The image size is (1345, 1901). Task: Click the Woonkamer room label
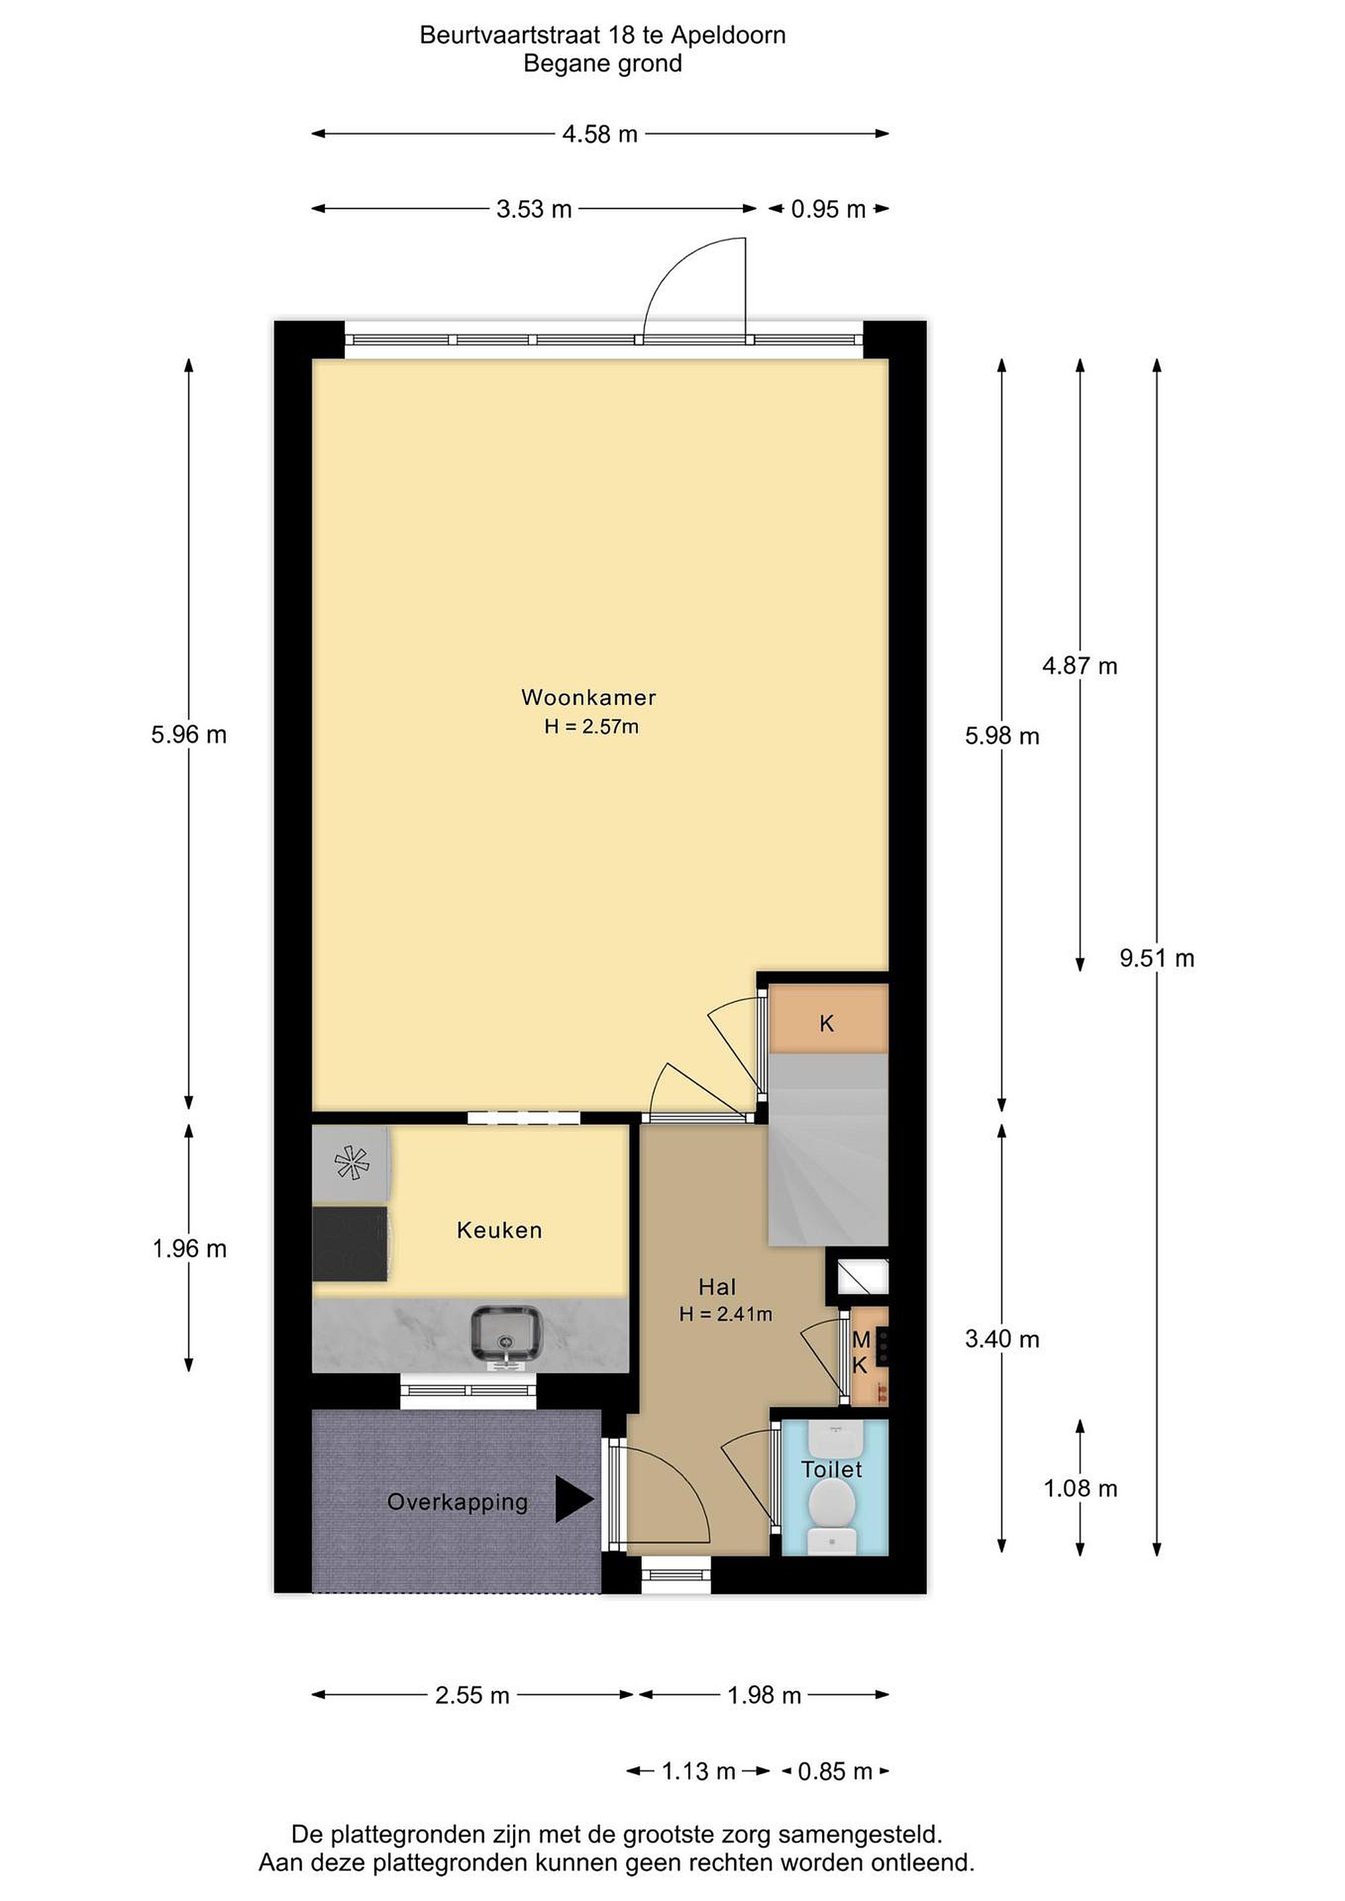(x=588, y=697)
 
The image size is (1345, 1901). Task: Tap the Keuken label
(x=499, y=1230)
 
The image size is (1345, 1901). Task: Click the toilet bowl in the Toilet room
(x=833, y=1501)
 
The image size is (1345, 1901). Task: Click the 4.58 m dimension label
(x=600, y=134)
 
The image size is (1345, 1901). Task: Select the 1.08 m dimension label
(x=1080, y=1488)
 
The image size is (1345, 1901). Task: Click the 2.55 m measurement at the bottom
(x=472, y=1695)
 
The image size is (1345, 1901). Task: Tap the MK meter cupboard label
(x=860, y=1352)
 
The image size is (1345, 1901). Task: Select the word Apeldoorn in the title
(x=728, y=35)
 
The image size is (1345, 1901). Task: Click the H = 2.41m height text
(x=726, y=1314)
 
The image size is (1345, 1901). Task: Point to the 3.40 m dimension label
(x=1002, y=1339)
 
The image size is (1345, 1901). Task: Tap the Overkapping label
(x=457, y=1502)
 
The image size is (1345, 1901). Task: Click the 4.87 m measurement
(x=1080, y=666)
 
